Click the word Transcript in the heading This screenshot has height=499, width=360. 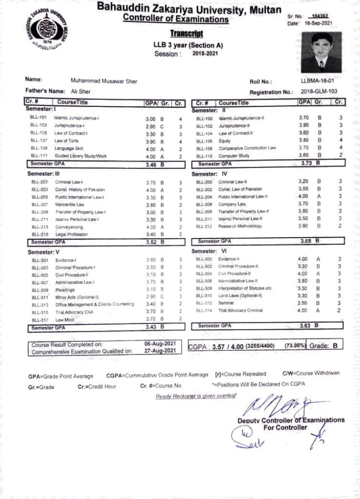pyautogui.click(x=186, y=34)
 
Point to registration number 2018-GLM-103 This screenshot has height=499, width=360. pyautogui.click(x=319, y=91)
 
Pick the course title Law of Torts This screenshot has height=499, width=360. pyautogui.click(x=64, y=141)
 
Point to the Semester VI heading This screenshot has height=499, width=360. pyautogui.click(x=209, y=251)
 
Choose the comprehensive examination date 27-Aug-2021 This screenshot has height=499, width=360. pyautogui.click(x=160, y=350)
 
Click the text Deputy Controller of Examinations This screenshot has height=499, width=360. pyautogui.click(x=291, y=420)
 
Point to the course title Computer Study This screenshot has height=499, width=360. pyautogui.click(x=234, y=156)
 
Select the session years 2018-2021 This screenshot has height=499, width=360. pyautogui.click(x=205, y=54)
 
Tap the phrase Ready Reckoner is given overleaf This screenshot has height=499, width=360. pyautogui.click(x=195, y=396)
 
